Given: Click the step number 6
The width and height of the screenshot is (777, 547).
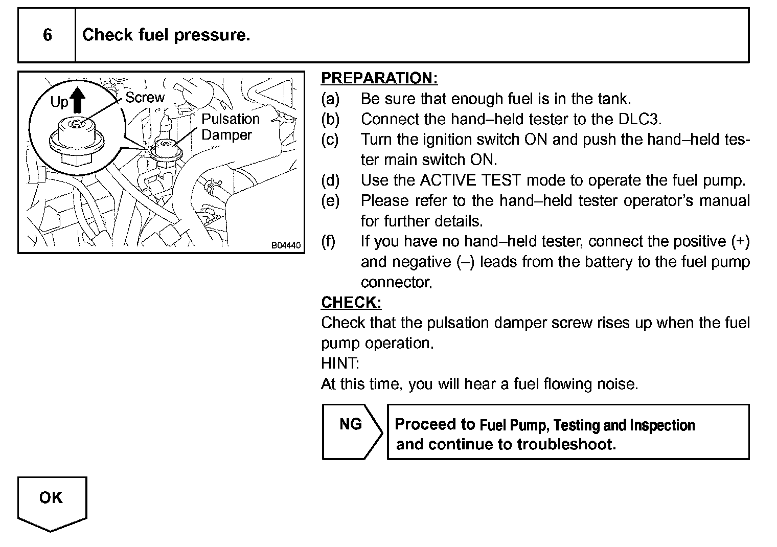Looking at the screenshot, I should (47, 35).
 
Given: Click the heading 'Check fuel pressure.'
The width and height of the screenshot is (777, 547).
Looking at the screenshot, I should (166, 35).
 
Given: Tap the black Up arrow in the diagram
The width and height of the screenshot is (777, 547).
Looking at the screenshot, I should (77, 100).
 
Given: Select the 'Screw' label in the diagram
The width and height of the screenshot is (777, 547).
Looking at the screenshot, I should (145, 98).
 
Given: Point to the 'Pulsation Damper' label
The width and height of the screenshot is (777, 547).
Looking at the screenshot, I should (230, 127).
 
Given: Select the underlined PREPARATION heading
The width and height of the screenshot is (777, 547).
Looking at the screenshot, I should (379, 78).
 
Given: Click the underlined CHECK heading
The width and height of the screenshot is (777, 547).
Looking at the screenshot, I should (351, 303).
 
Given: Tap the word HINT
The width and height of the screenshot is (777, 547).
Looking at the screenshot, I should (339, 363).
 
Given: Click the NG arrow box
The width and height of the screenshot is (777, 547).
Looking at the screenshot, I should (352, 431).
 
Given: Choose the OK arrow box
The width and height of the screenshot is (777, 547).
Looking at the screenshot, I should (52, 500).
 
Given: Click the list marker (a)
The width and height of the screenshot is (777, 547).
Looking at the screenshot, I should (330, 98).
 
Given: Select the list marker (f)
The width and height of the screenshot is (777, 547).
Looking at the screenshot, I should (329, 241).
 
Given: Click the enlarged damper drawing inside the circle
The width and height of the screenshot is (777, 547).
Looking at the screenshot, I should (76, 141).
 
